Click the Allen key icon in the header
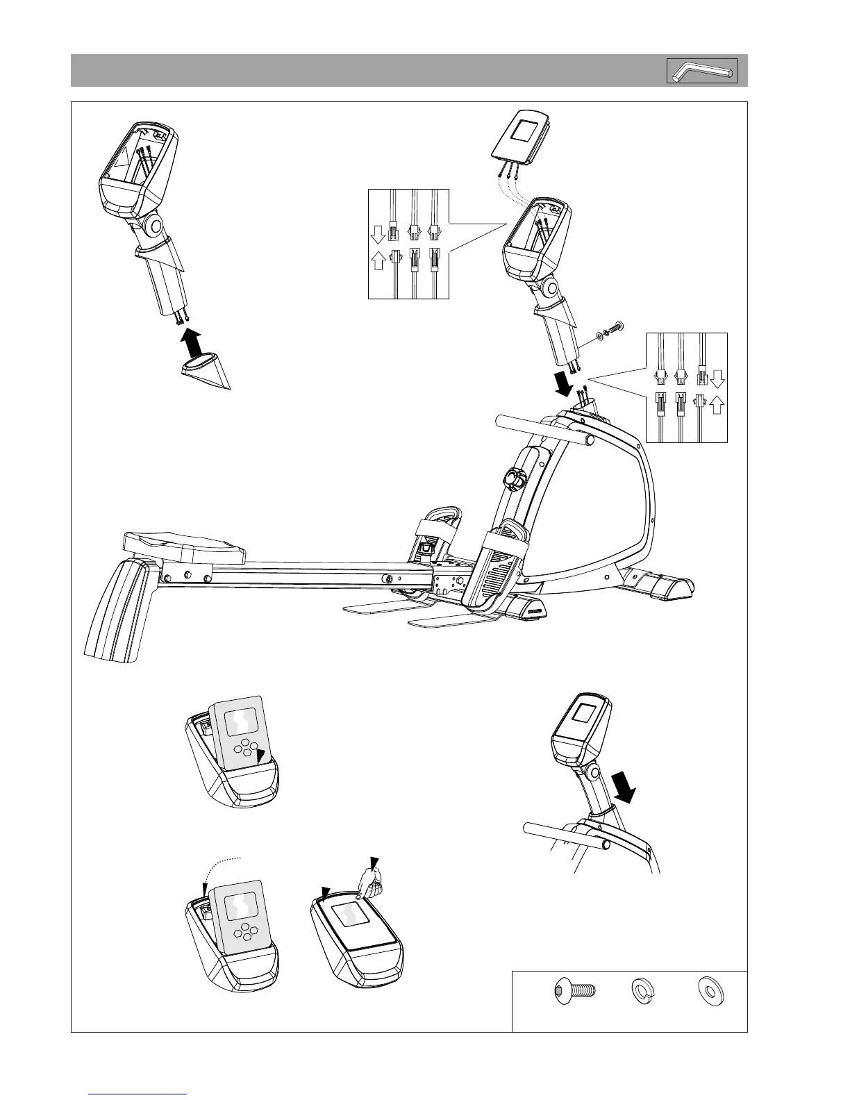point(702,71)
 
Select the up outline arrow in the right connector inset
point(717,404)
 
